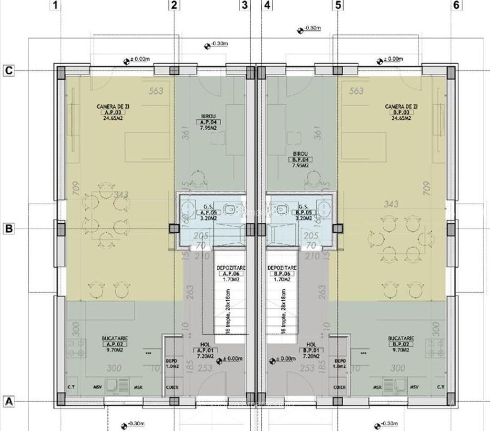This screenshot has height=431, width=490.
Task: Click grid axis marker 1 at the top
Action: point(56,5)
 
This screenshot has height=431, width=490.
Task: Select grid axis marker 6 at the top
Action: point(456,5)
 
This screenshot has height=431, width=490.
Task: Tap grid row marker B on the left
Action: point(9,229)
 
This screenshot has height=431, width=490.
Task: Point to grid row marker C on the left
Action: point(9,70)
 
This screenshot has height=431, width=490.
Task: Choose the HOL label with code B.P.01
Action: point(311,344)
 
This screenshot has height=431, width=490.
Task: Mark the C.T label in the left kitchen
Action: point(72,387)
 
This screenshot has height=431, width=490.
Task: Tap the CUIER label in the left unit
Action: point(172,387)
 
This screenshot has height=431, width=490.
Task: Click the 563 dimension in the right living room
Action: point(356,91)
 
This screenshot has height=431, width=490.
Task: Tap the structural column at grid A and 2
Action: point(174,401)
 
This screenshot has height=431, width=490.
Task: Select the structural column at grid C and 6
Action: point(451,72)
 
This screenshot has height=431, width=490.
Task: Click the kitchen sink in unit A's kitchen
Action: point(111,385)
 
